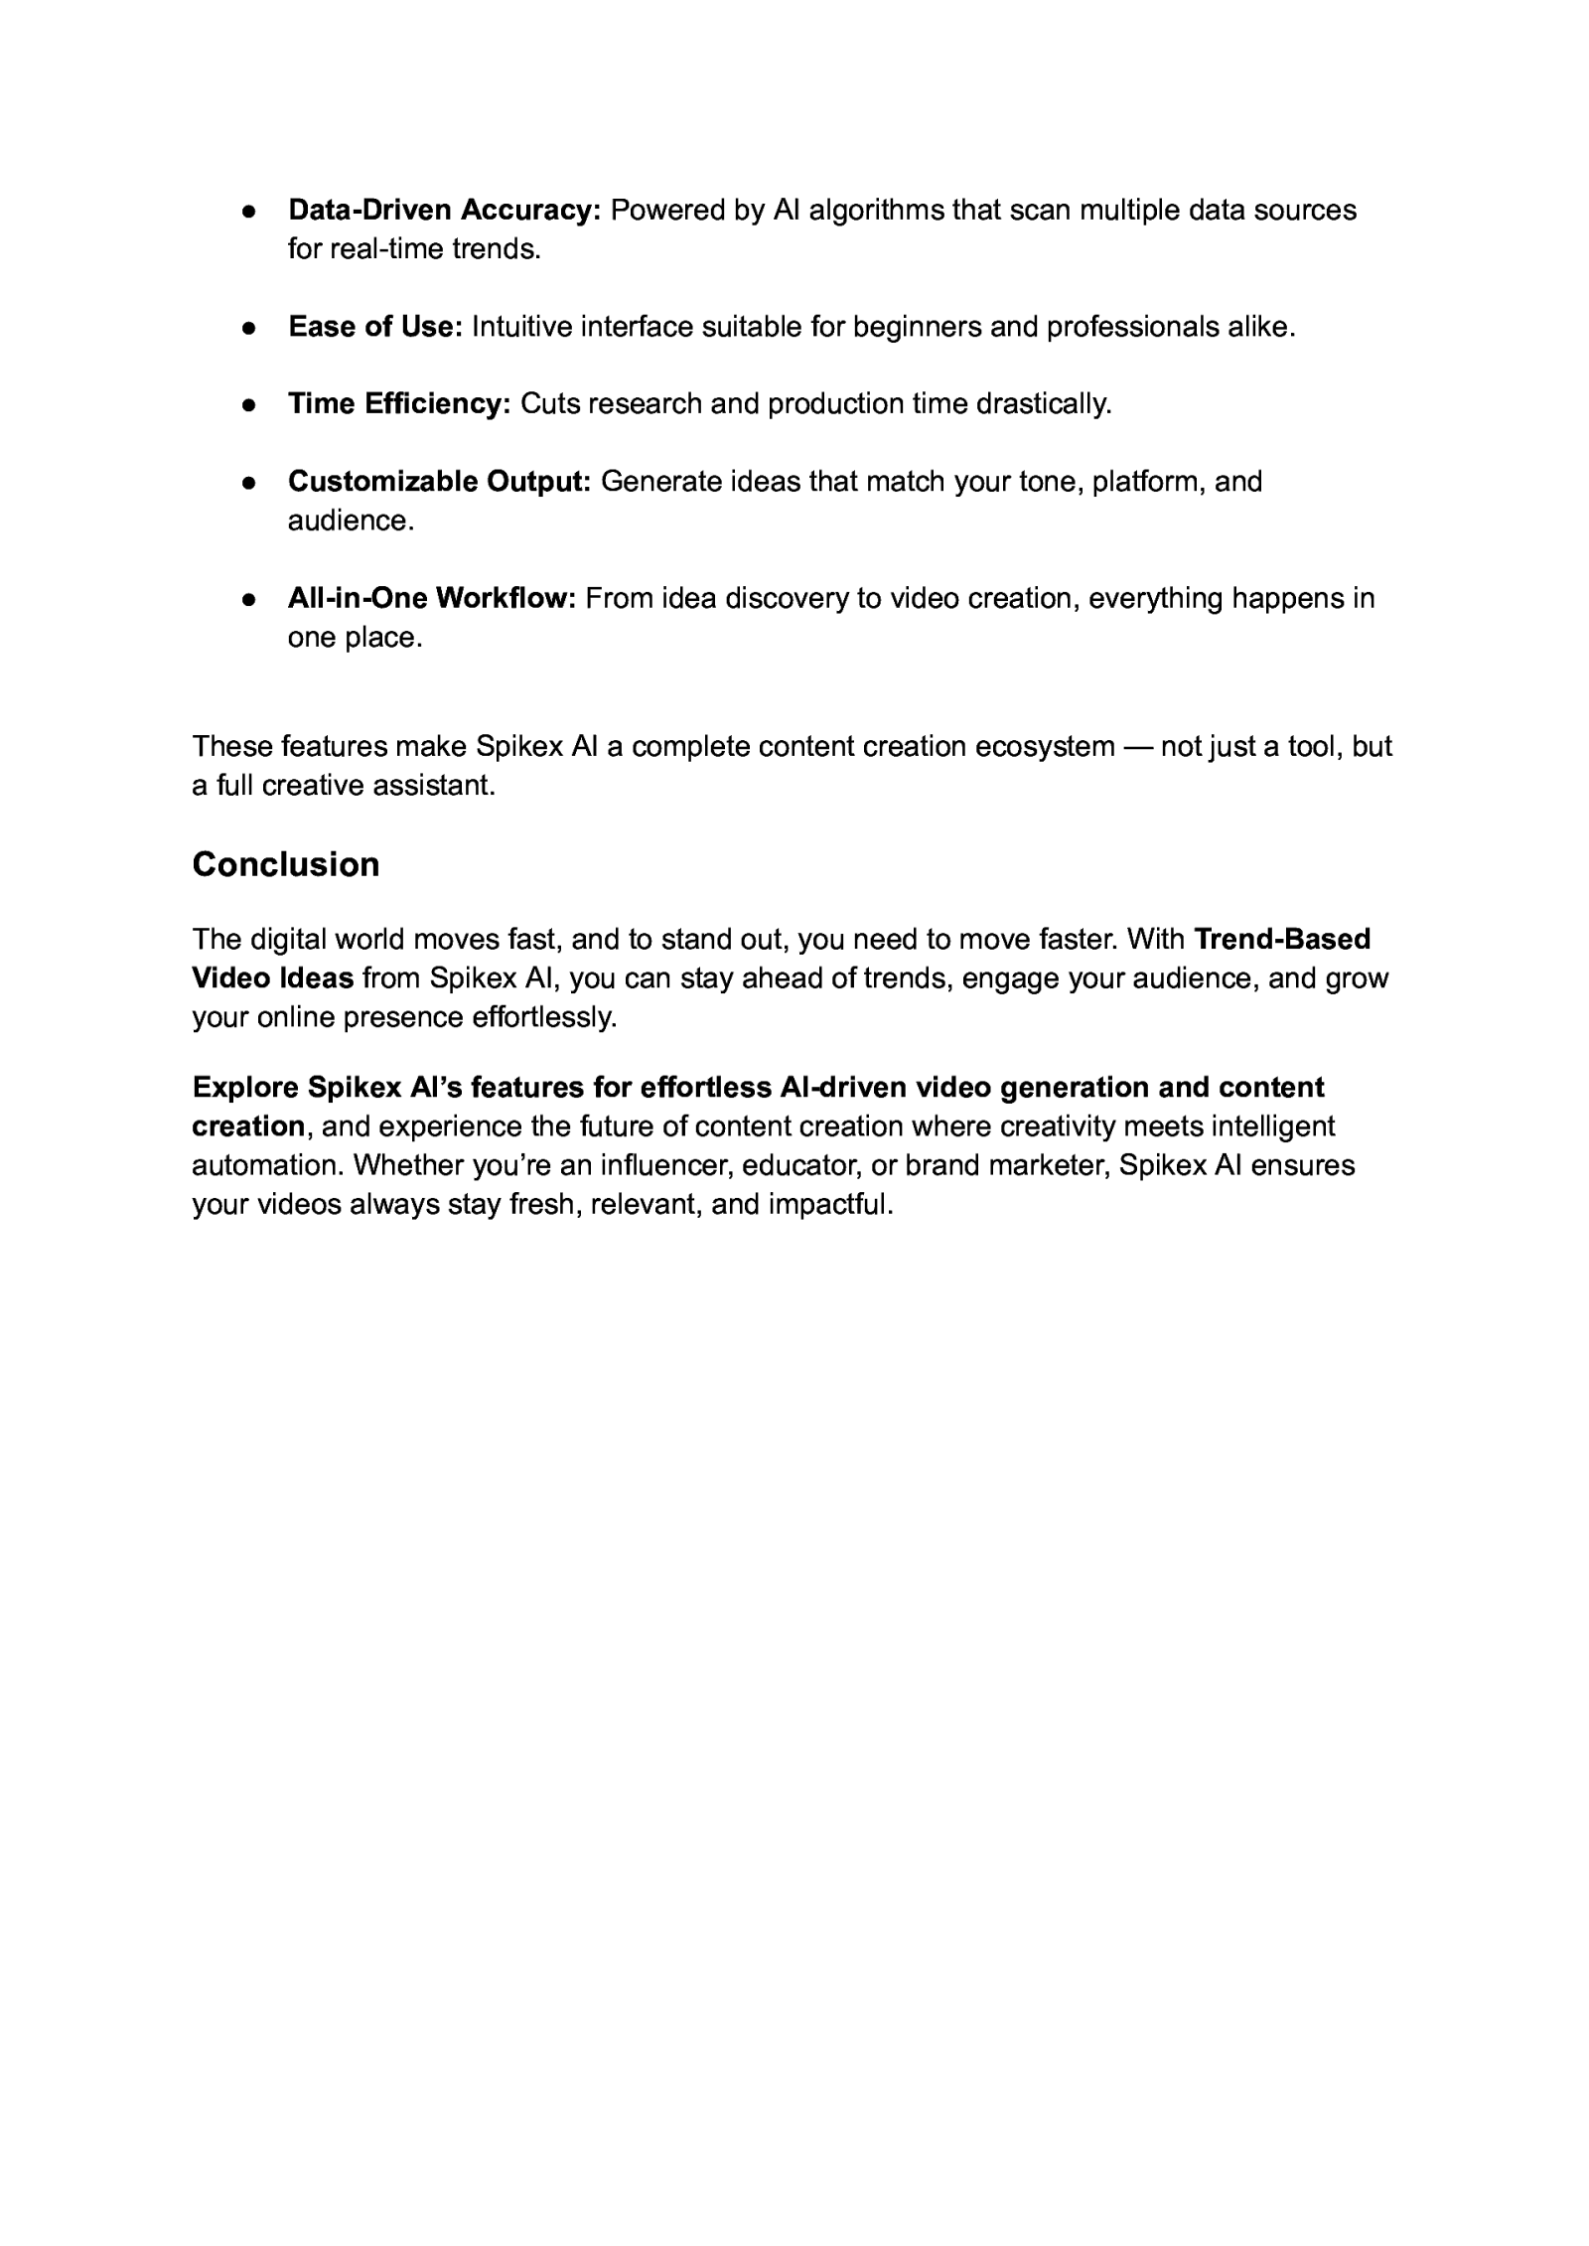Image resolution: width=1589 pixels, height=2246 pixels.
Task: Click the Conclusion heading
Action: point(285,864)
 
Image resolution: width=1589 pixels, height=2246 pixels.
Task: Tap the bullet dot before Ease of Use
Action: point(249,327)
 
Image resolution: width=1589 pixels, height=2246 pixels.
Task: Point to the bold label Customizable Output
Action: point(439,482)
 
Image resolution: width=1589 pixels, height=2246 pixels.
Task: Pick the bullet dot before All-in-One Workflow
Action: point(249,599)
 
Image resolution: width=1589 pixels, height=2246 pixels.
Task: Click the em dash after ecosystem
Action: point(1137,746)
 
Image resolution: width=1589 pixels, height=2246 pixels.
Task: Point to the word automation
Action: point(267,1165)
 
